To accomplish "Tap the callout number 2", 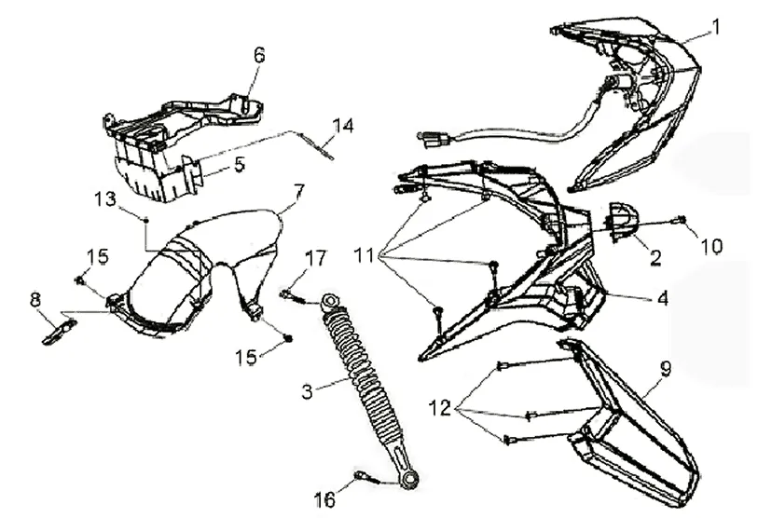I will pos(655,258).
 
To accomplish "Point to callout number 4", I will pos(661,300).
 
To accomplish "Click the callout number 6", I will pos(259,55).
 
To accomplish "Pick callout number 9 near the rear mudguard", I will pos(665,368).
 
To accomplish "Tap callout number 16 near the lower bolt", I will pos(324,501).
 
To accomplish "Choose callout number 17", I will pos(315,256).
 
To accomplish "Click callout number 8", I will pos(35,299).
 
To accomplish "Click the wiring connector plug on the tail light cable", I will pos(432,141).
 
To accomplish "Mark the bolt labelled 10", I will pos(680,220).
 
